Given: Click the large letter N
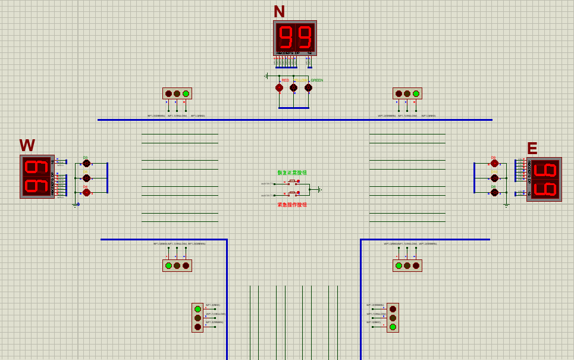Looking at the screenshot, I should click(x=279, y=11).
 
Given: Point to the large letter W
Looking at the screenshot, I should click(x=27, y=145).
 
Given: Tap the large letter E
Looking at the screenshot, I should click(x=532, y=148).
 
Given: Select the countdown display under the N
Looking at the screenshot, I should click(x=295, y=38).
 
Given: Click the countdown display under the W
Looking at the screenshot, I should click(x=37, y=177).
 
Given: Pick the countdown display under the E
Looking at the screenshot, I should click(x=544, y=179).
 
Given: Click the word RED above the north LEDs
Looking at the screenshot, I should click(x=286, y=80).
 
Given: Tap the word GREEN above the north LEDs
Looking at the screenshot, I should click(x=316, y=80).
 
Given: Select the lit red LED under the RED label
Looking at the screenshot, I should click(x=279, y=88).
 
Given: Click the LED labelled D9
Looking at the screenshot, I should click(x=494, y=163).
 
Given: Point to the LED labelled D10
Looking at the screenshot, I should click(x=494, y=178).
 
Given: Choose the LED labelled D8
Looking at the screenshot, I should click(x=494, y=192).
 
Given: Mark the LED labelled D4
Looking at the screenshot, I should click(x=86, y=192).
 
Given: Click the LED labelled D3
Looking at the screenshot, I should click(x=86, y=163).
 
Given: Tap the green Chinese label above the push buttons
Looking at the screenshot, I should click(x=292, y=173).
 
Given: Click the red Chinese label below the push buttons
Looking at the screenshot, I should click(x=292, y=205).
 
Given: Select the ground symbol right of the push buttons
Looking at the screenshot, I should click(x=320, y=190).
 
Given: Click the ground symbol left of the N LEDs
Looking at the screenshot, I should click(x=266, y=76).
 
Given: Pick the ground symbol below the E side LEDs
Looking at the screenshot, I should click(x=506, y=205).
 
